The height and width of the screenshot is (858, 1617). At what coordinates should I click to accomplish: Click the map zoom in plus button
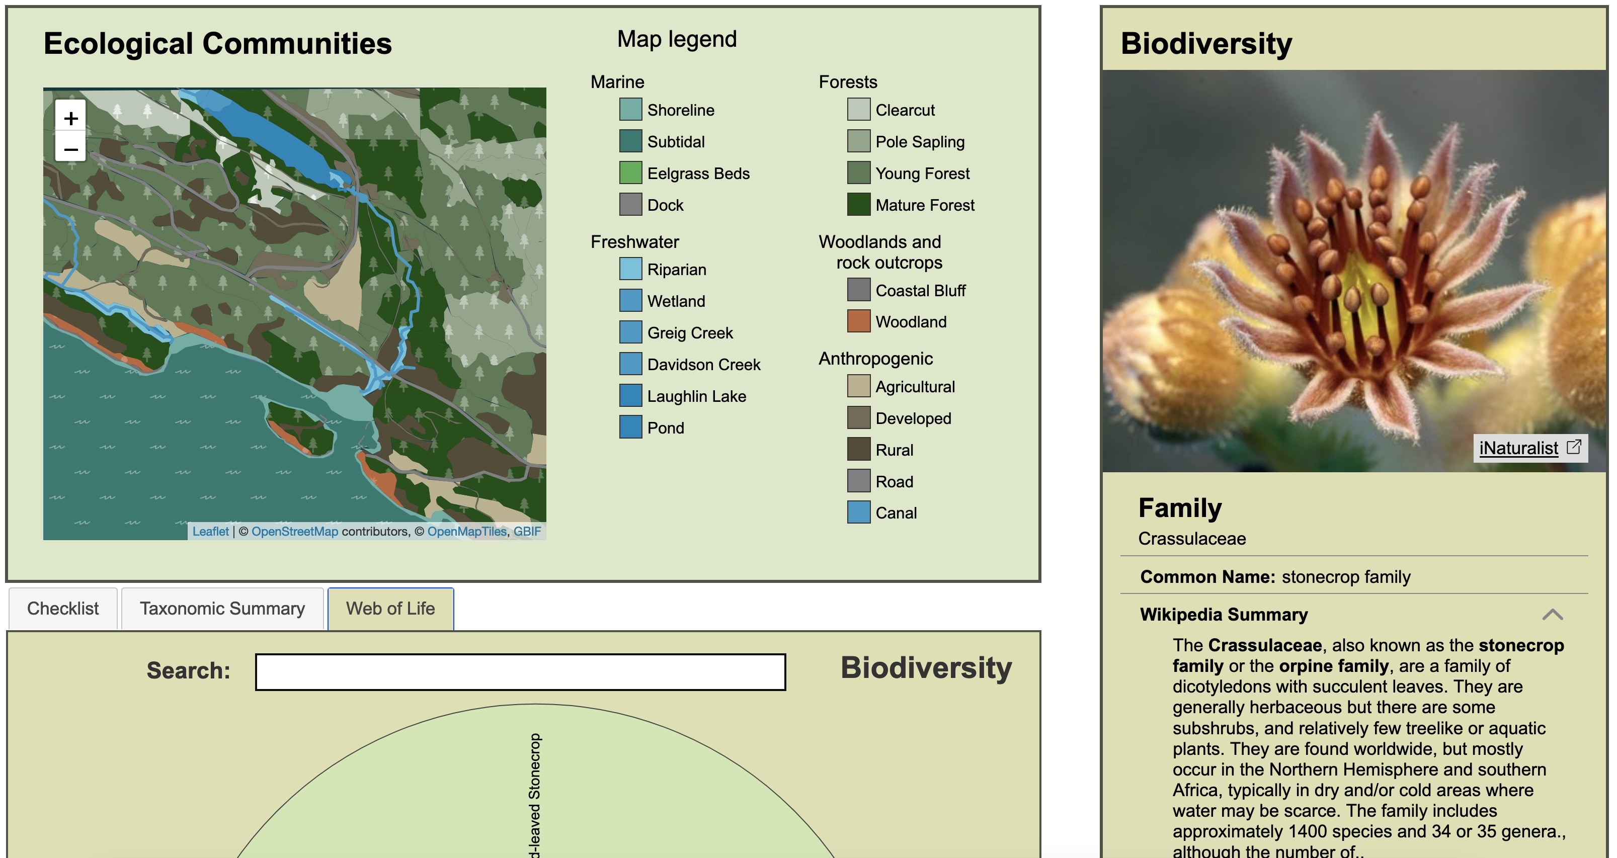(71, 118)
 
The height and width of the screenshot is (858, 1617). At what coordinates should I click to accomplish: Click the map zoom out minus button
(71, 149)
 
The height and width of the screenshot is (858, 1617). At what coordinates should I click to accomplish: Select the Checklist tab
(63, 608)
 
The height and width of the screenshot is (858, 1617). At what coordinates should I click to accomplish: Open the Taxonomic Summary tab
(222, 608)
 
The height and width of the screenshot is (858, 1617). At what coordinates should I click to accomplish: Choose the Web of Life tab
(390, 608)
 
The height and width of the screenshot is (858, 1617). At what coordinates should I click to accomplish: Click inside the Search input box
(520, 671)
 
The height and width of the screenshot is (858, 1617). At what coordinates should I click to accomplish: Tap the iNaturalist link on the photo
(1518, 448)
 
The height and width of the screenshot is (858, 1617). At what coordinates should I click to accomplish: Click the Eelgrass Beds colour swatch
(630, 173)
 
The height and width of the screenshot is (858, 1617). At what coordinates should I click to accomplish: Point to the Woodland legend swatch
(858, 321)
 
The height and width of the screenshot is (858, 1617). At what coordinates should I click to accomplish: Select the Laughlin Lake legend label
(696, 396)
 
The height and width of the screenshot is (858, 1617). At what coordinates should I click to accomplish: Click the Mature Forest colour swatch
(858, 205)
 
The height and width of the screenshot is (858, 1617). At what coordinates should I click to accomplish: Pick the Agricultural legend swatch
(858, 386)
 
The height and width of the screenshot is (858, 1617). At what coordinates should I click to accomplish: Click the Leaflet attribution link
(210, 531)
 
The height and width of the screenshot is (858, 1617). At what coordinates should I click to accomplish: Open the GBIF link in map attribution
(527, 531)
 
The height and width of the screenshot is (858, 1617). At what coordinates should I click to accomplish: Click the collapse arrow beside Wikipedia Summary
(1552, 614)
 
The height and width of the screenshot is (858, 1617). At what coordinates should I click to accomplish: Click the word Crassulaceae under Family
(1191, 539)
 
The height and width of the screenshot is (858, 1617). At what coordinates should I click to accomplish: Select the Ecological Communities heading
(217, 43)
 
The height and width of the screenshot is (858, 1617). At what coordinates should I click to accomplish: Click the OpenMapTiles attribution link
(466, 531)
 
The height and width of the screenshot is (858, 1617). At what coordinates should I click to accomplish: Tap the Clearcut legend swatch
(858, 109)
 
